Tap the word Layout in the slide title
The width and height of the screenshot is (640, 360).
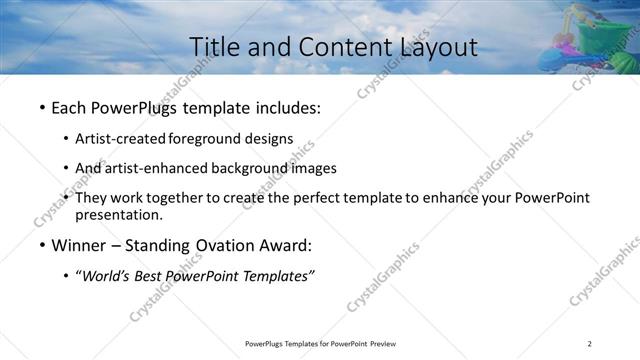(431, 46)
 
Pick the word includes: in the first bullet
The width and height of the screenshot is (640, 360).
(290, 106)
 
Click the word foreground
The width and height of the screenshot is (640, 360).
(205, 139)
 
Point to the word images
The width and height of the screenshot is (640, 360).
(314, 168)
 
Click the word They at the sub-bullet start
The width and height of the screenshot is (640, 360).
(91, 198)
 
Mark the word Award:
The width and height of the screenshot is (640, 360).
(285, 245)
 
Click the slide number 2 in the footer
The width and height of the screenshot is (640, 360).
(589, 344)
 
